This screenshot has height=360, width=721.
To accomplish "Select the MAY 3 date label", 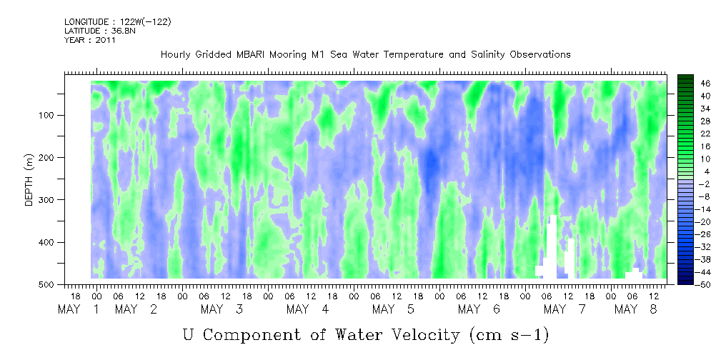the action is coord(222,309).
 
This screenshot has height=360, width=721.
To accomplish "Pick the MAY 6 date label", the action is coord(479,309).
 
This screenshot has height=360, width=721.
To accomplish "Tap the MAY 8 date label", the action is coord(637,309).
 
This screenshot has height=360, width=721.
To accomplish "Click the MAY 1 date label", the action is coord(79,309).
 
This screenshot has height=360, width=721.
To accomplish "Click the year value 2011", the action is coord(106,40).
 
